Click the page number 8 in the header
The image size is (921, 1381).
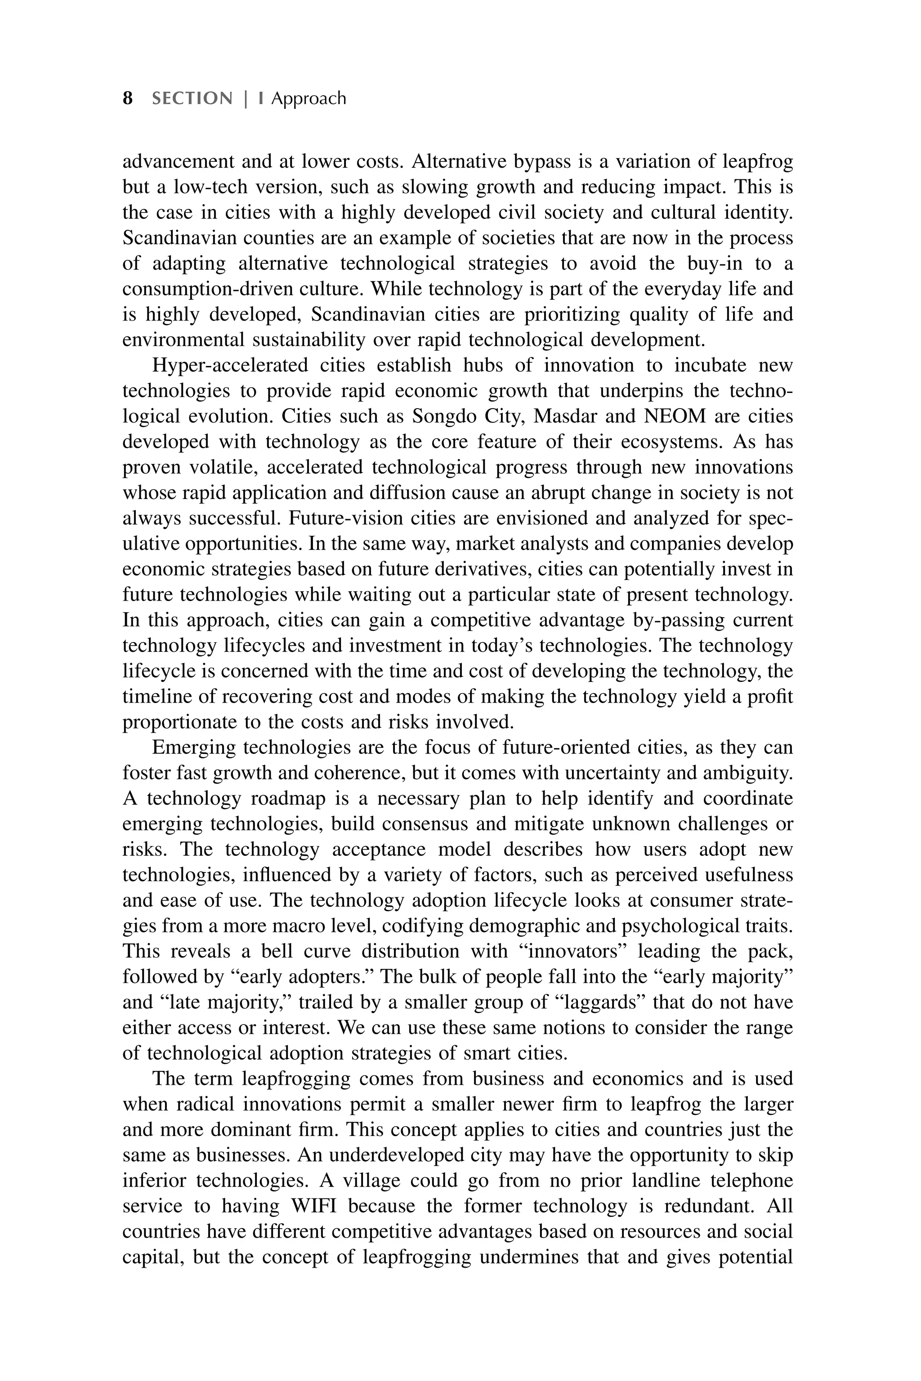pyautogui.click(x=127, y=98)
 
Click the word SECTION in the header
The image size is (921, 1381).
pyautogui.click(x=192, y=98)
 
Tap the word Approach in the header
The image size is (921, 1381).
pyautogui.click(x=308, y=98)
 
